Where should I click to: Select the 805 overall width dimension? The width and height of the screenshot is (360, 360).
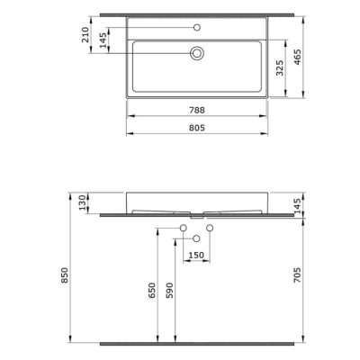(x=195, y=128)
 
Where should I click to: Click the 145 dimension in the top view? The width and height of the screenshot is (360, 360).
(x=103, y=40)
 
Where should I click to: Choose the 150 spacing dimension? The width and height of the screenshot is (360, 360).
(x=195, y=255)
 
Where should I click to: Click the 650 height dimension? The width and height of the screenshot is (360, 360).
(x=153, y=289)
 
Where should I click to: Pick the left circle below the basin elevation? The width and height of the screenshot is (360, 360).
(x=181, y=228)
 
